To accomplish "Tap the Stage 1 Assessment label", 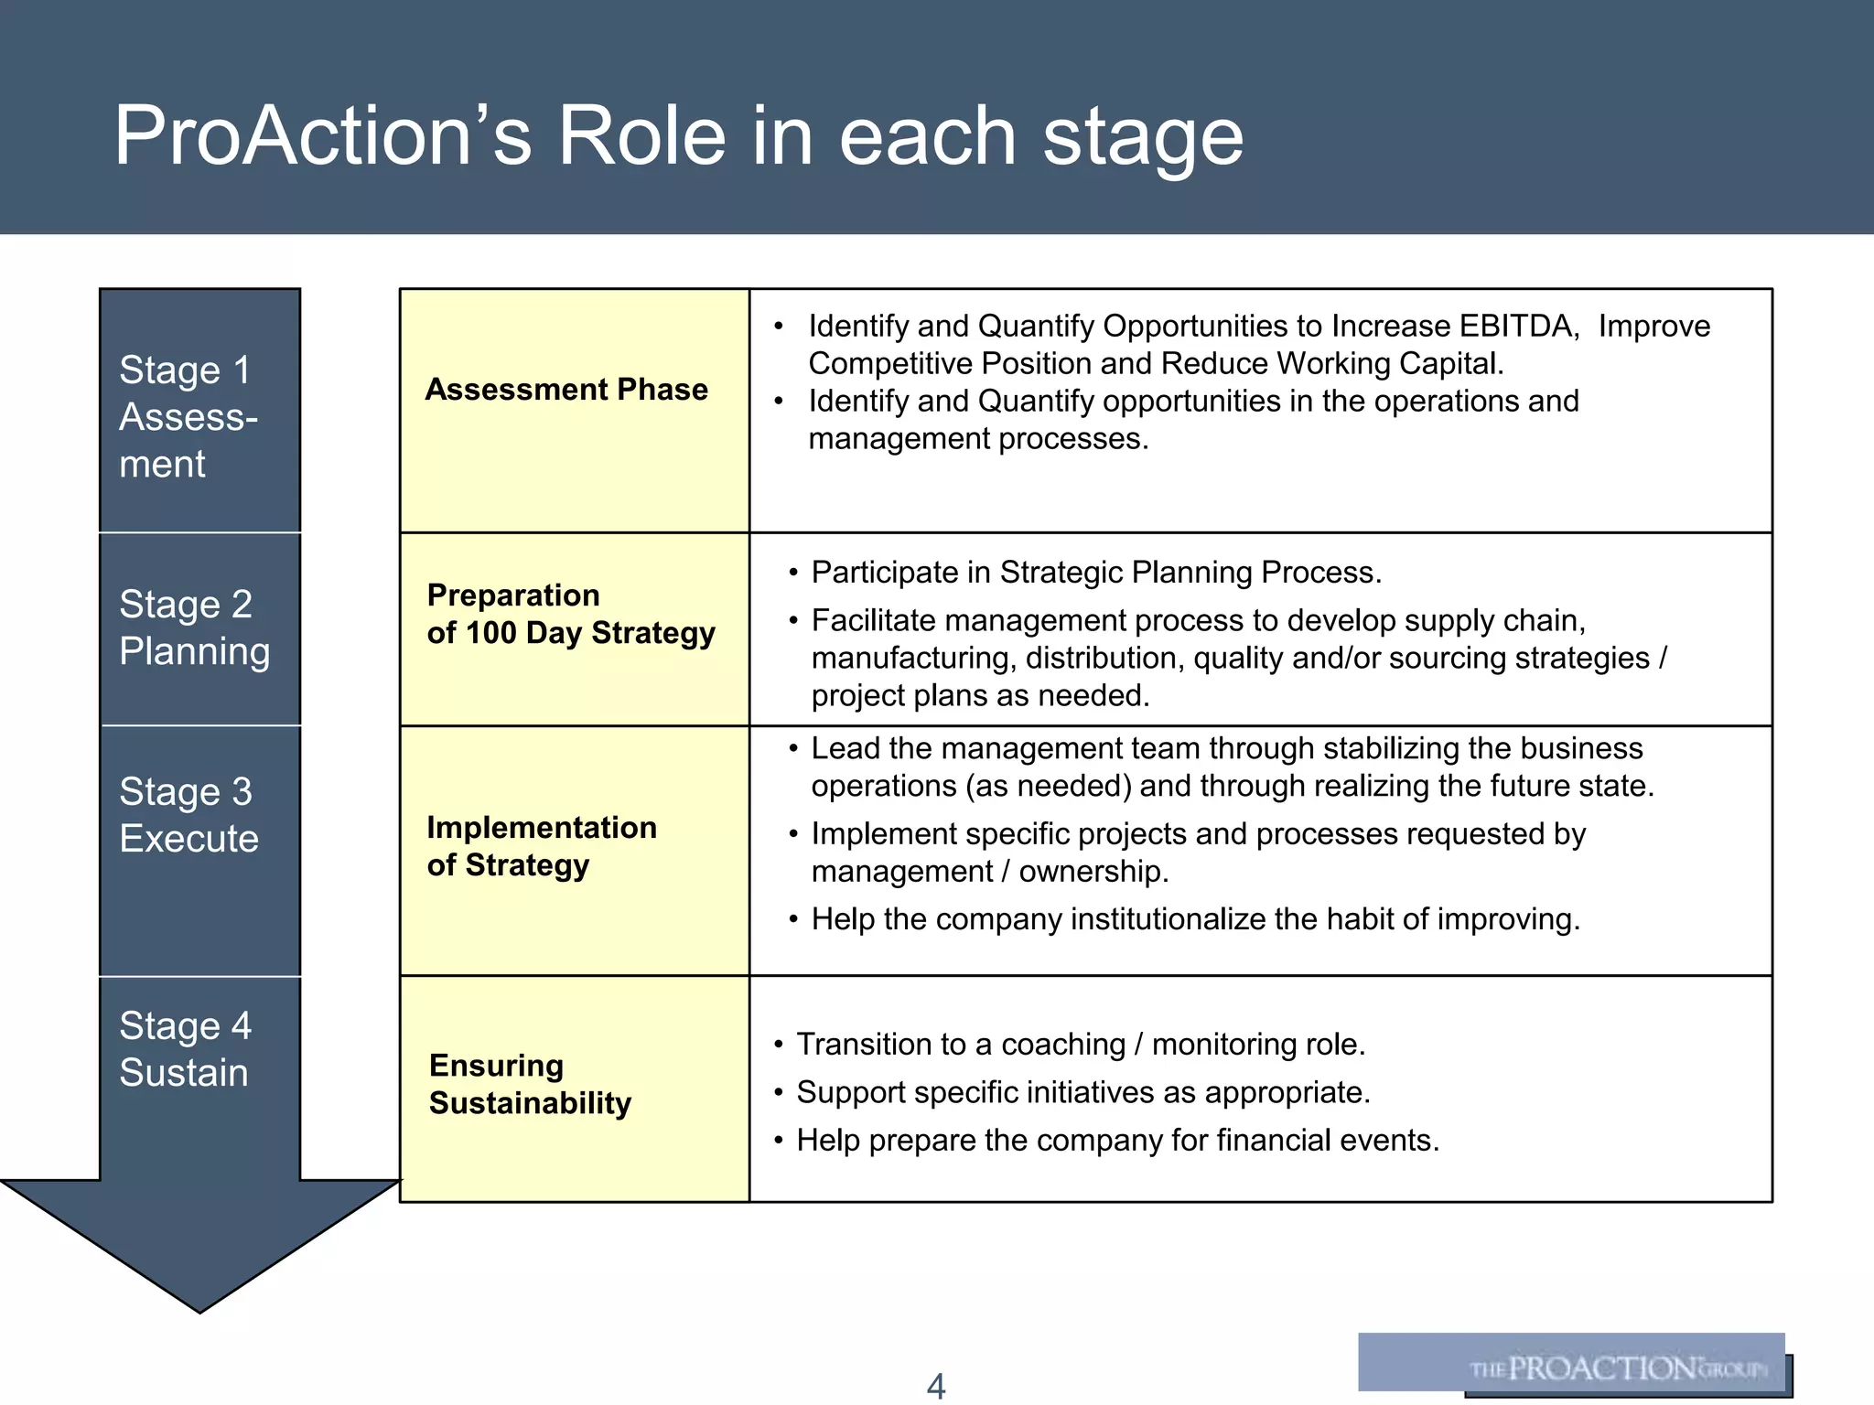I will tap(188, 417).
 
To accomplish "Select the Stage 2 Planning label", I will tap(194, 627).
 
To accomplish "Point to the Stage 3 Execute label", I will tap(188, 815).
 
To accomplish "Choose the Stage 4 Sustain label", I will tap(185, 1049).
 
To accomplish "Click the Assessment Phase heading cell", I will tap(566, 390).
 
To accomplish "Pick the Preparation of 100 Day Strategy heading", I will tap(570, 614).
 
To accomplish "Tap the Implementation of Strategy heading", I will tap(541, 846).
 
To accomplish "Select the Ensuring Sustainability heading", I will tap(530, 1084).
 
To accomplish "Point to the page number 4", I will tap(936, 1386).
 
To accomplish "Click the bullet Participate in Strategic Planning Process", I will tap(1095, 573).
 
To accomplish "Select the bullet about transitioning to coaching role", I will tap(1080, 1044).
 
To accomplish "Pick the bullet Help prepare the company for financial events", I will tap(1116, 1140).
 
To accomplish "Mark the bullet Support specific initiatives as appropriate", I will tap(1082, 1092).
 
